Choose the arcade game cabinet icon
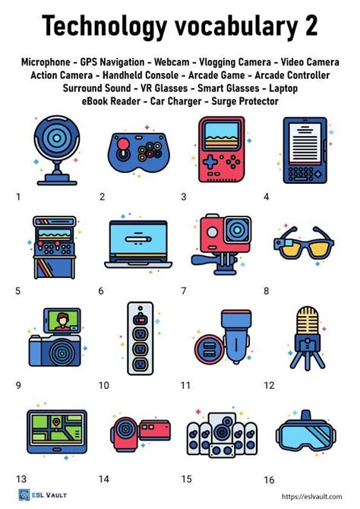[54, 245]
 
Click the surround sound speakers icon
[221, 433]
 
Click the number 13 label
[21, 479]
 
